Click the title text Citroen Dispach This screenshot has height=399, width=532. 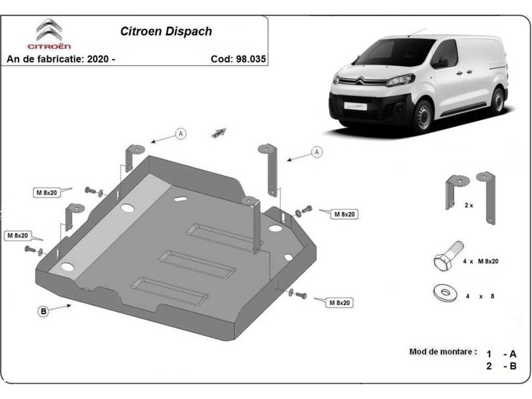click(166, 31)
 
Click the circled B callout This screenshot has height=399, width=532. click(43, 311)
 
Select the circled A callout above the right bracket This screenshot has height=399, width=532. click(316, 152)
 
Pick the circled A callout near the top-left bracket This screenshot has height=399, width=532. click(181, 133)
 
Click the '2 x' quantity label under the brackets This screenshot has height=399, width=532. click(469, 205)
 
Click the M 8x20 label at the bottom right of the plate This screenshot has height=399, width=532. click(339, 303)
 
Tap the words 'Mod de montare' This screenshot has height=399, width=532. click(442, 352)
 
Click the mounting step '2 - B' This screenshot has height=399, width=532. click(501, 367)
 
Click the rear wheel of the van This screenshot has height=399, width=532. click(498, 101)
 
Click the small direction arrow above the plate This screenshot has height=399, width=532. click(219, 132)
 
